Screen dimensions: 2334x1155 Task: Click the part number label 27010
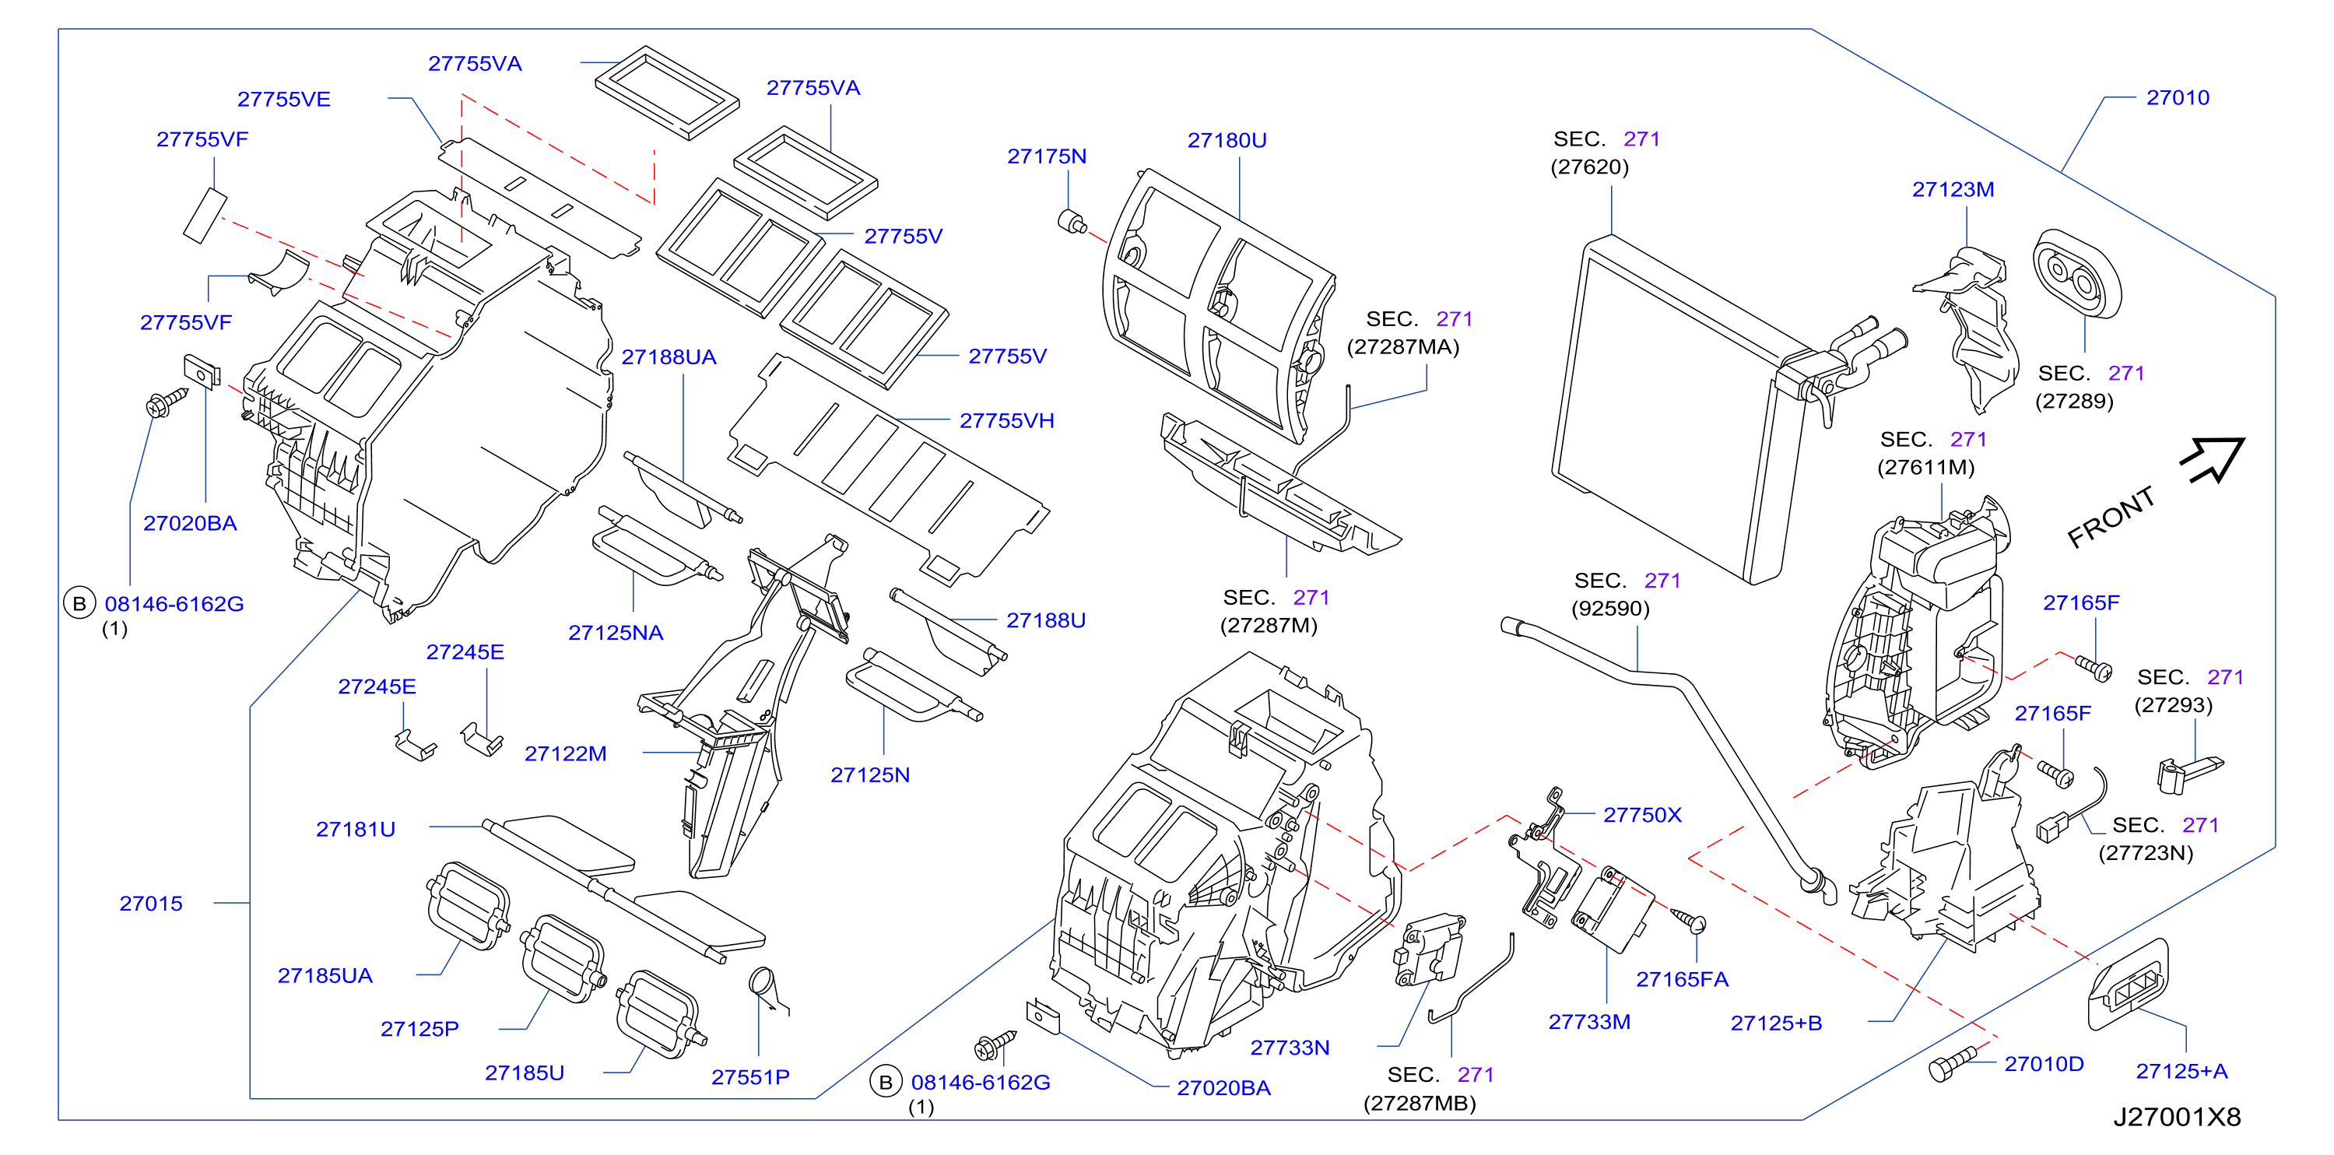(x=2178, y=98)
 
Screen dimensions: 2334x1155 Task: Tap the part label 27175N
(x=1047, y=156)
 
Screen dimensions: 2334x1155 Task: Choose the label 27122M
(x=565, y=753)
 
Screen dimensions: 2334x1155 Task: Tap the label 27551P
(x=750, y=1077)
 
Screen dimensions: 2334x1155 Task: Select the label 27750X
(x=1642, y=816)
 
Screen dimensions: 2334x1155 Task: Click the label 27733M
(x=1589, y=1022)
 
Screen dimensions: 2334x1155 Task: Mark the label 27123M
(x=1953, y=189)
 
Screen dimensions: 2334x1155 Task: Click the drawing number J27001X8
(x=2178, y=1117)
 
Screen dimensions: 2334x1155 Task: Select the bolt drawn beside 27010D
(x=1953, y=1063)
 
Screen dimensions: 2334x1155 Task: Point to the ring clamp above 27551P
(x=762, y=982)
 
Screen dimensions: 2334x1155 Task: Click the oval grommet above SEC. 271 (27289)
(x=2076, y=274)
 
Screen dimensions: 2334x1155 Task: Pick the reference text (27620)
(x=1589, y=167)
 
